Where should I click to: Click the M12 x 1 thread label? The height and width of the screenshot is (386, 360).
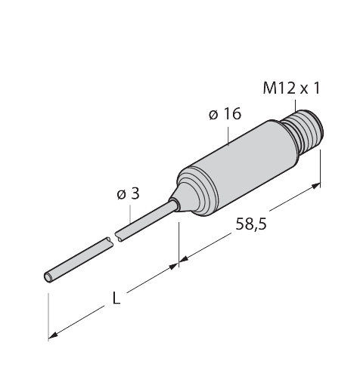[x=290, y=88]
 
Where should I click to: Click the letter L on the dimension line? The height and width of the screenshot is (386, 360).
[x=116, y=300]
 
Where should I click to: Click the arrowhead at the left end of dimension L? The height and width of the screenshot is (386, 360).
[x=54, y=335]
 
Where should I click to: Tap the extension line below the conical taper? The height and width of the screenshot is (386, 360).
[x=179, y=238]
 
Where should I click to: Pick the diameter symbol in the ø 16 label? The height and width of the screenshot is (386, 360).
[x=213, y=115]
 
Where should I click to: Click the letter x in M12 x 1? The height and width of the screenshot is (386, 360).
[x=303, y=89]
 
